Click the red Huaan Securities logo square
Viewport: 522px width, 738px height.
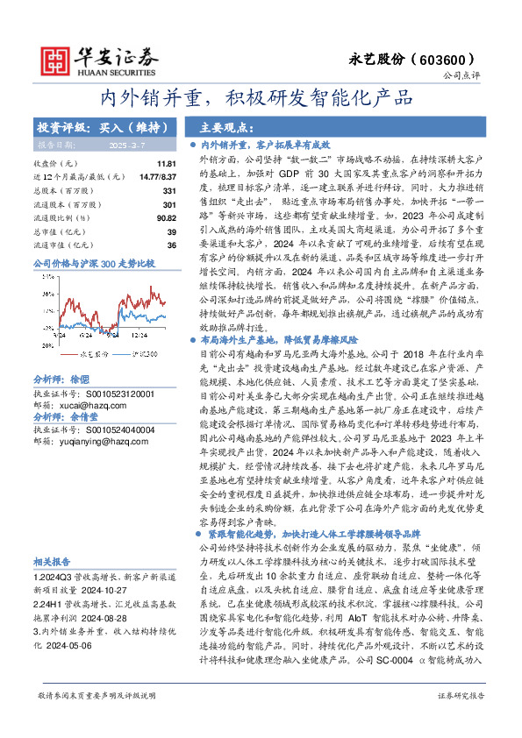pos(54,58)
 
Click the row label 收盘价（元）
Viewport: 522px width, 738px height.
pos(54,164)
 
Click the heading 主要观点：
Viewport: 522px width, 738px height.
pos(226,126)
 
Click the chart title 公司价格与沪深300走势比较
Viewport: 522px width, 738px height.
pos(93,263)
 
